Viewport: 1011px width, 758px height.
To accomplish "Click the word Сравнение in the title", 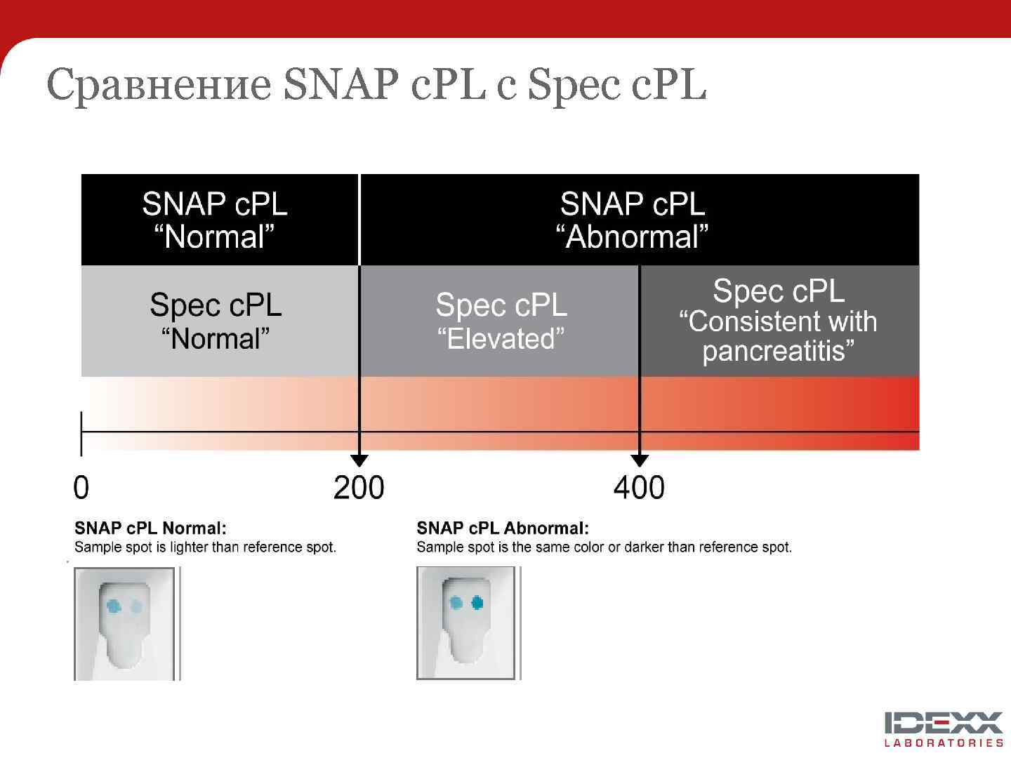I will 159,85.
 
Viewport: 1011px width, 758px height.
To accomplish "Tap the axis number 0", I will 81,488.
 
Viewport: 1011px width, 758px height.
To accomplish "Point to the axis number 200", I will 359,488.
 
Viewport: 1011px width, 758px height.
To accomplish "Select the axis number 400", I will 639,488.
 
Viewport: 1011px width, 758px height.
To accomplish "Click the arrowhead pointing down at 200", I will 359,460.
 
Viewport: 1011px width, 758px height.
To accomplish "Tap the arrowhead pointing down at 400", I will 640,460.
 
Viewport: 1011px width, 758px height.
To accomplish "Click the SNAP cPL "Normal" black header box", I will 215,220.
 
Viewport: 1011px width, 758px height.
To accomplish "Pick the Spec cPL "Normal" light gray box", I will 216,321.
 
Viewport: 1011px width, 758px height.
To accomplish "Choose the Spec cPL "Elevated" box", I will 501,321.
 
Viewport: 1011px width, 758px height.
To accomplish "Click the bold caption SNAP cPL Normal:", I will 150,528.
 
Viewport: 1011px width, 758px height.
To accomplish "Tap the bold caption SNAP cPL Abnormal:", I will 503,528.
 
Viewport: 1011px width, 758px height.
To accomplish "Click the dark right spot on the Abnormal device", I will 477,602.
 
